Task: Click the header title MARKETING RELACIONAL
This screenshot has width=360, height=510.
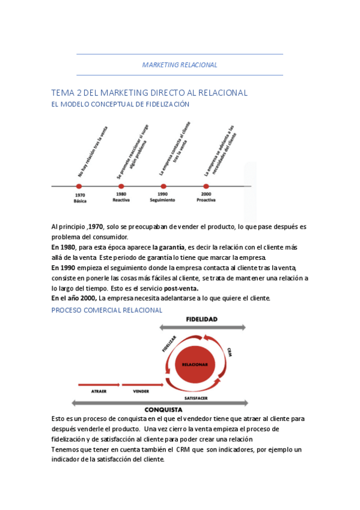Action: pyautogui.click(x=180, y=65)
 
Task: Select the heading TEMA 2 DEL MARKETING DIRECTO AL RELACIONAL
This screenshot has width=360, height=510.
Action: pyautogui.click(x=150, y=93)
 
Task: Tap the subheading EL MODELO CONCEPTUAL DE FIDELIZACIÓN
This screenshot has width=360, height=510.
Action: pyautogui.click(x=120, y=104)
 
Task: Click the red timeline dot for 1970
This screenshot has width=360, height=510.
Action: pyautogui.click(x=79, y=186)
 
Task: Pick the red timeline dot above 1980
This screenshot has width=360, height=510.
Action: pyautogui.click(x=121, y=186)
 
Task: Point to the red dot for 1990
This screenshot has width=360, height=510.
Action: pyautogui.click(x=163, y=186)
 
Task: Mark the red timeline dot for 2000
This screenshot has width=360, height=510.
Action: pyautogui.click(x=206, y=186)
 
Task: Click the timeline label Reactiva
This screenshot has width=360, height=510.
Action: pyautogui.click(x=121, y=200)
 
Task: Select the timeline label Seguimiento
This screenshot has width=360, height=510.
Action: pyautogui.click(x=162, y=200)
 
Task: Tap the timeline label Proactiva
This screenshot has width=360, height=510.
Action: pyautogui.click(x=206, y=200)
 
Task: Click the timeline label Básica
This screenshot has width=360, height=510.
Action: pyautogui.click(x=80, y=200)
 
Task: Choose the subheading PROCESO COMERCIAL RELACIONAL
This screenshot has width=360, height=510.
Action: pyautogui.click(x=107, y=310)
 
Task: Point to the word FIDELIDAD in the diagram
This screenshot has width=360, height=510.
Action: pyautogui.click(x=201, y=319)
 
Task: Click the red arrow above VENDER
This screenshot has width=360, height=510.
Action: pyautogui.click(x=142, y=383)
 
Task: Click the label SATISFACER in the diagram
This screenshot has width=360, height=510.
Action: pyautogui.click(x=197, y=398)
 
